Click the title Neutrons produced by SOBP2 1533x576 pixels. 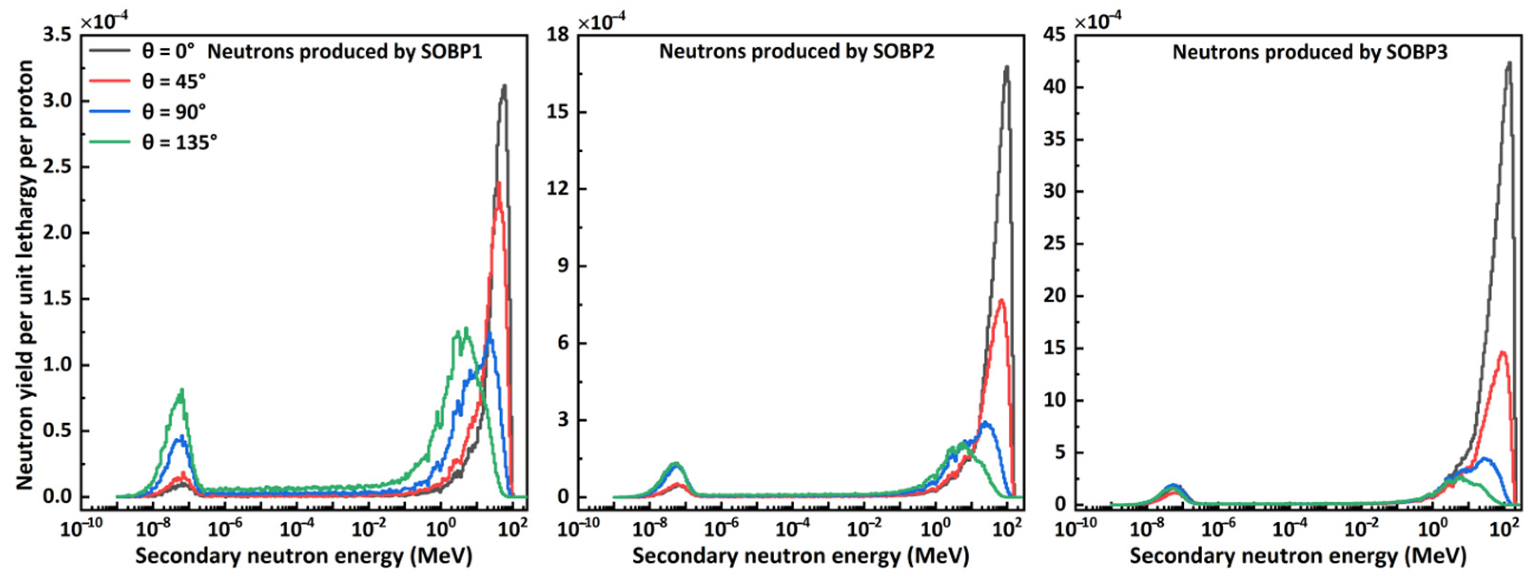tap(796, 52)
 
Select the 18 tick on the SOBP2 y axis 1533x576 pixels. tap(559, 35)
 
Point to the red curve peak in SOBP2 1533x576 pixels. tap(1001, 300)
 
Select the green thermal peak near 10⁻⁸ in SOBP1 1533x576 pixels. tap(182, 391)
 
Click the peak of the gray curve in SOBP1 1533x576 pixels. tap(505, 86)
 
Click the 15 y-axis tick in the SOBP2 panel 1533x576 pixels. tap(559, 112)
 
